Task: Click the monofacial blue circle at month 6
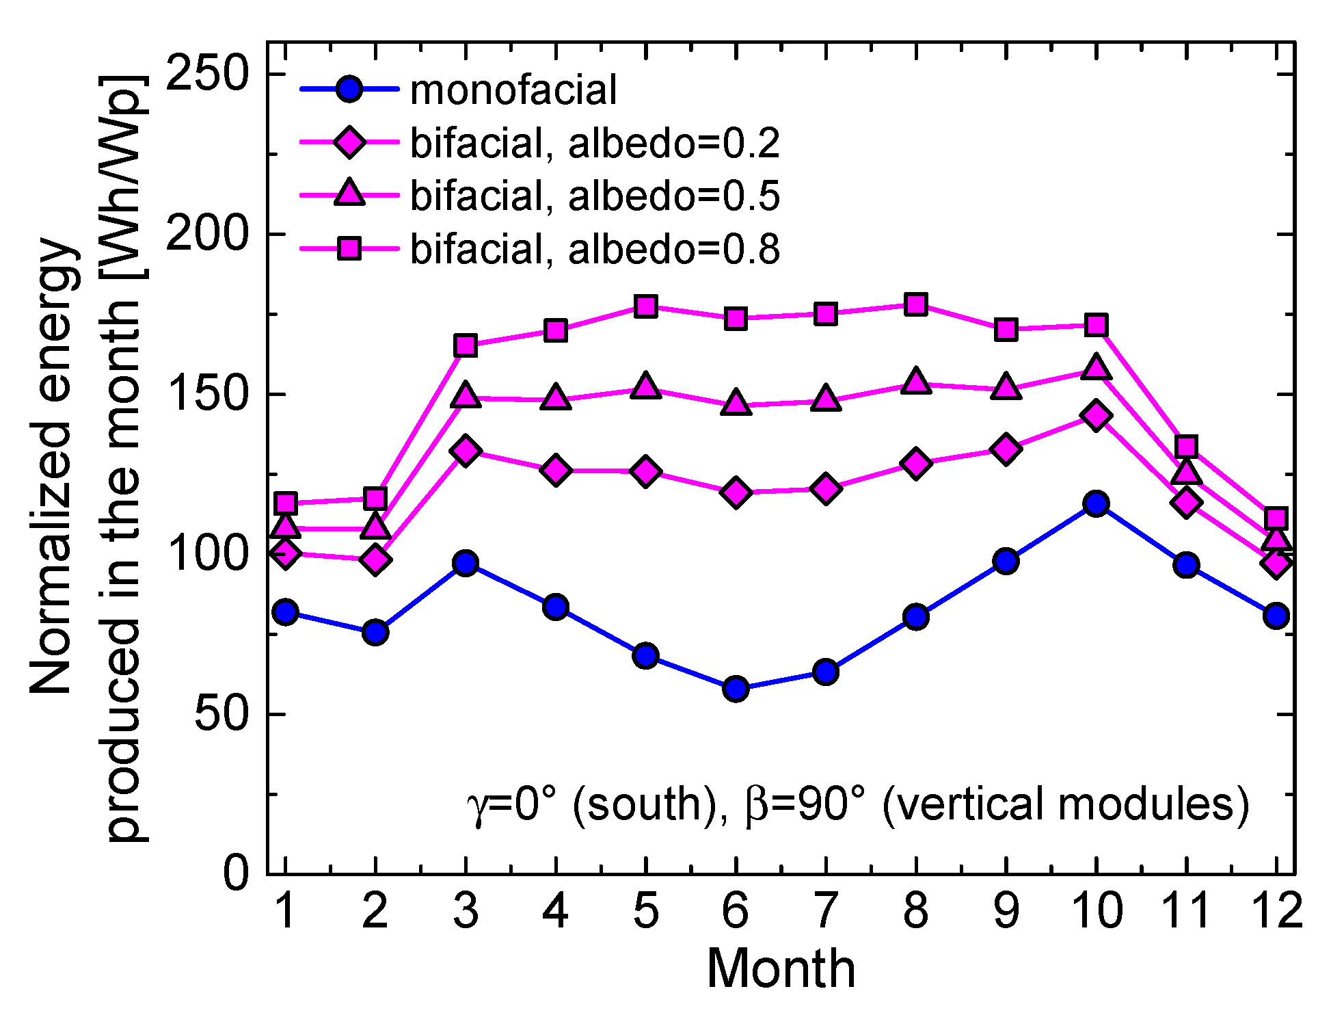[x=736, y=688]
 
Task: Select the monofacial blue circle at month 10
[x=1096, y=504]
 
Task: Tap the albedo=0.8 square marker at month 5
[x=645, y=306]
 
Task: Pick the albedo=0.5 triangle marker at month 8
[x=916, y=382]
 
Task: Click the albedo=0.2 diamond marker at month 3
[x=466, y=451]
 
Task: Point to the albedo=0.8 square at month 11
[x=1186, y=447]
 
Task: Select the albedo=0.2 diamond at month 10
[x=1096, y=416]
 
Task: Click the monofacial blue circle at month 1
[x=285, y=612]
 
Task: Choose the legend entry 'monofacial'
[x=513, y=90]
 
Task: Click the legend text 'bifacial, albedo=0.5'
[x=595, y=196]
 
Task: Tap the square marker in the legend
[x=349, y=248]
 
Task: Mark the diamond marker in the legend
[x=349, y=143]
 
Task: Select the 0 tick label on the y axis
[x=236, y=874]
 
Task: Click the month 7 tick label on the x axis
[x=826, y=911]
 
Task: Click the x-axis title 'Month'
[x=781, y=969]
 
